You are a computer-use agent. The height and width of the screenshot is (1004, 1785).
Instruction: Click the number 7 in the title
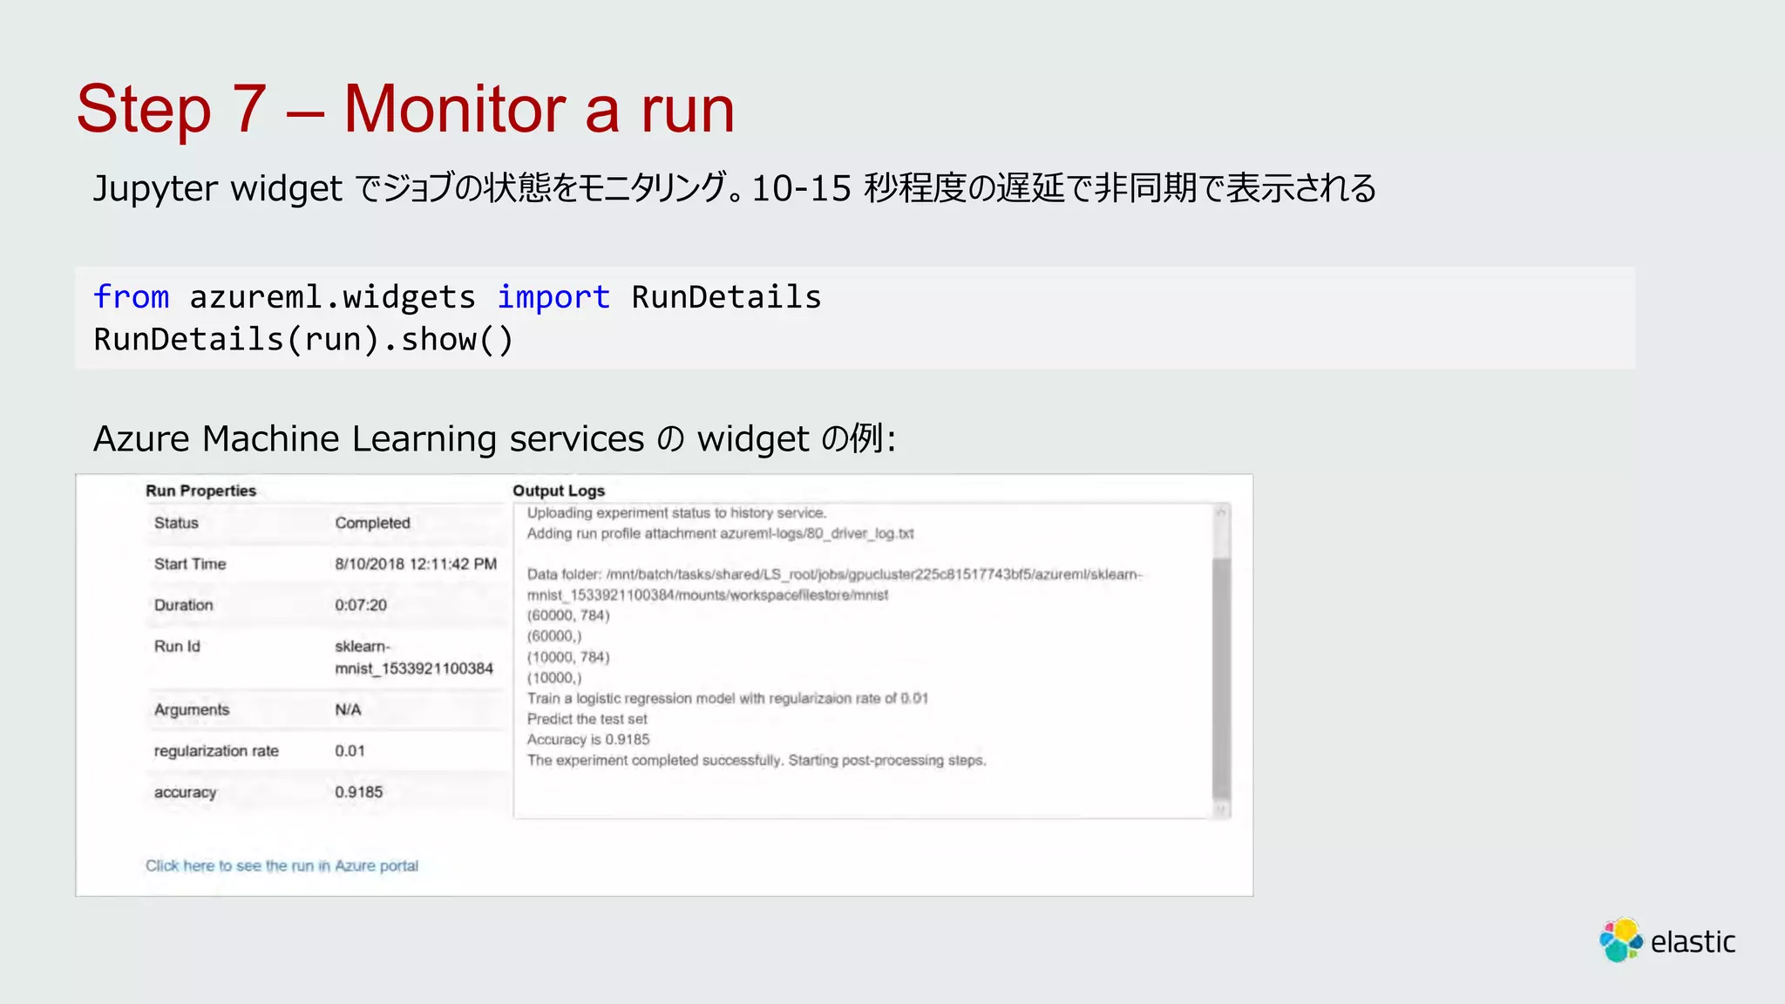click(249, 110)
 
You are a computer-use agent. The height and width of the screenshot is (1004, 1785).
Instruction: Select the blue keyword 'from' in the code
click(131, 297)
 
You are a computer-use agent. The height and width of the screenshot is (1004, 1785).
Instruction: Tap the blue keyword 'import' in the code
click(553, 297)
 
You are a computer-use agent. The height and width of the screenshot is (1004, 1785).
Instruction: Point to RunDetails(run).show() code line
click(303, 339)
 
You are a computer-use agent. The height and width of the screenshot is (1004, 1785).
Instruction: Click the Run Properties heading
click(200, 491)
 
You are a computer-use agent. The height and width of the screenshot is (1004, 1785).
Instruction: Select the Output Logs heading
click(558, 491)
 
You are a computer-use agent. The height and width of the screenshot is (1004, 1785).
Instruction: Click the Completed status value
click(372, 523)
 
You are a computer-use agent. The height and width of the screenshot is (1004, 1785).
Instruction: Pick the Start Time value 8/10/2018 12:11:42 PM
click(416, 564)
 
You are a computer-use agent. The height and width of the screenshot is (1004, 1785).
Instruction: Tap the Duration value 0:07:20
click(361, 605)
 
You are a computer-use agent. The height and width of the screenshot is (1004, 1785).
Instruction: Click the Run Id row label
click(177, 646)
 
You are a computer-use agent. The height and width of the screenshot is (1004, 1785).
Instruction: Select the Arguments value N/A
click(348, 709)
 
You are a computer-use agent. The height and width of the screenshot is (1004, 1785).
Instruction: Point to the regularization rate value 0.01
click(350, 750)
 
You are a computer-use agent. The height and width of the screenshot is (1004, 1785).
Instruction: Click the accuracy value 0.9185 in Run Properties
click(358, 792)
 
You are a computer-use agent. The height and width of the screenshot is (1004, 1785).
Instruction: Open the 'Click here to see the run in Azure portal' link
click(282, 865)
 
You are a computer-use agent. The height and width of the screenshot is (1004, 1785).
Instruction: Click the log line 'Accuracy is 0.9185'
click(588, 740)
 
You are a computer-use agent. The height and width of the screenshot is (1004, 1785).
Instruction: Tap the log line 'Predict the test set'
click(587, 719)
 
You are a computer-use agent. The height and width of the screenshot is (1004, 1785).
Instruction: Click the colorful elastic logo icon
click(1620, 940)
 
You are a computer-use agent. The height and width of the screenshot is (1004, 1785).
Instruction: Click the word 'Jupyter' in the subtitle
click(155, 188)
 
